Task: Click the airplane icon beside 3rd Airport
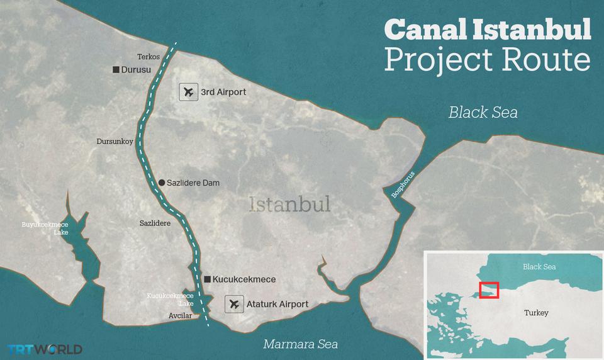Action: (188, 92)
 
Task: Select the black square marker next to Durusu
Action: (116, 69)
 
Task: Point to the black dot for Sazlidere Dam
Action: (162, 183)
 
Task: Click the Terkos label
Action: (148, 57)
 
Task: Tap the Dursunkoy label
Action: (115, 142)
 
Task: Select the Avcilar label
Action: (180, 316)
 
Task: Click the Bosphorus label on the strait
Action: (403, 185)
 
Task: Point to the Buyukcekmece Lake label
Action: (45, 228)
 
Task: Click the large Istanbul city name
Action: (289, 205)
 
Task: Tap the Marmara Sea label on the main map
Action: (300, 344)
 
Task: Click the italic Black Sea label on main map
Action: (483, 112)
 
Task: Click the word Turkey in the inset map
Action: (536, 313)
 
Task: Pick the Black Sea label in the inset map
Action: (539, 267)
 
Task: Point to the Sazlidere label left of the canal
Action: (155, 223)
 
